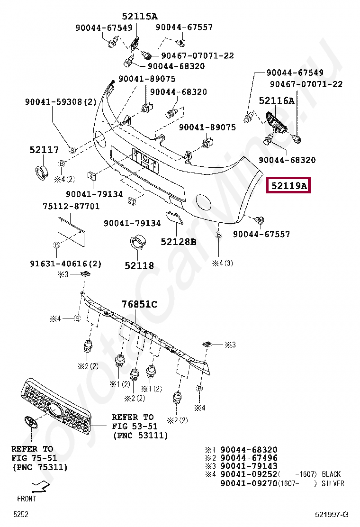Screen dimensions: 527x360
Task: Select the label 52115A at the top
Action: pyautogui.click(x=139, y=16)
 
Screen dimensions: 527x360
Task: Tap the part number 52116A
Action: pyautogui.click(x=276, y=100)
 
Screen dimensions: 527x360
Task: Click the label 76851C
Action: pyautogui.click(x=139, y=304)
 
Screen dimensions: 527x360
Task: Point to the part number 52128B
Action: pyautogui.click(x=178, y=242)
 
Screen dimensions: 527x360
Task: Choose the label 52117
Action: pyautogui.click(x=44, y=150)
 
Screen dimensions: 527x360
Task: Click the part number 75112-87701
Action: pyautogui.click(x=71, y=206)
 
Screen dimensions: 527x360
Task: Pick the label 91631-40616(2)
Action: pyautogui.click(x=65, y=263)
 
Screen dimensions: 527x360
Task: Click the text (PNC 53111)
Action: pyautogui.click(x=140, y=435)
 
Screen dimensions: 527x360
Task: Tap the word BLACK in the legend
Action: pyautogui.click(x=331, y=474)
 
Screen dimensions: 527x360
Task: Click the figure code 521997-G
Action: pyautogui.click(x=332, y=515)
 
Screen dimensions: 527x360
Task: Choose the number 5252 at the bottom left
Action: pyautogui.click(x=21, y=515)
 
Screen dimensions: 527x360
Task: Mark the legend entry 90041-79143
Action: pyautogui.click(x=249, y=466)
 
